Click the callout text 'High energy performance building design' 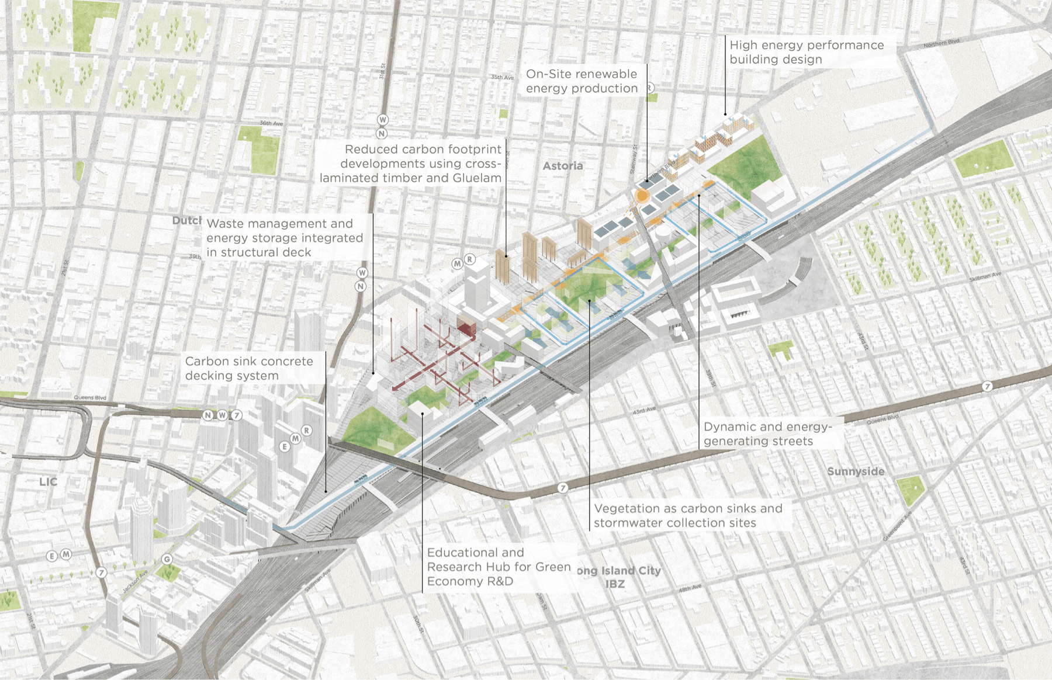(807, 52)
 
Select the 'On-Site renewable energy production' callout (582, 81)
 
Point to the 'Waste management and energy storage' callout (284, 238)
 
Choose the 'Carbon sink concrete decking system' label (249, 369)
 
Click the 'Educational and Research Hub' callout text (498, 567)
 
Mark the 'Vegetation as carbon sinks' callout (687, 516)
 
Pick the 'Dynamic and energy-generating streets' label (767, 434)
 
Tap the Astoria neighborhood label (563, 166)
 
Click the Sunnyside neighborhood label (856, 471)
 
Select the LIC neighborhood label (49, 482)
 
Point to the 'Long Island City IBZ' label (618, 577)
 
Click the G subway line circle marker (167, 559)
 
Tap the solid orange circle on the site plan (642, 196)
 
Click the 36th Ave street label (271, 123)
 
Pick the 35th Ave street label (502, 77)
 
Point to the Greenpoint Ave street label (897, 526)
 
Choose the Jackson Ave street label (135, 581)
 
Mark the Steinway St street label (633, 159)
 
